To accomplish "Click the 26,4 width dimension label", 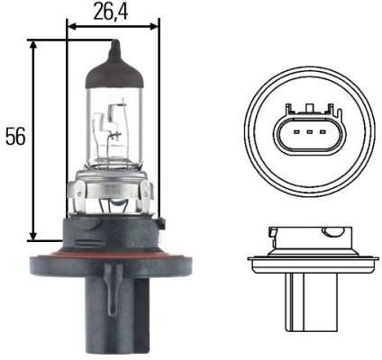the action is tap(111, 12).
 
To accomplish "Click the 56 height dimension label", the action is tap(15, 137).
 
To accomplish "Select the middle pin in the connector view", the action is tap(310, 131).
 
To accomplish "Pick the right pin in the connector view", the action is tap(323, 131).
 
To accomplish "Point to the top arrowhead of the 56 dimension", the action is tap(33, 45).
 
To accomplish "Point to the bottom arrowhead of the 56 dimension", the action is tap(33, 236).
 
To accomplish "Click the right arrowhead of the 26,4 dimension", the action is tap(154, 26).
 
